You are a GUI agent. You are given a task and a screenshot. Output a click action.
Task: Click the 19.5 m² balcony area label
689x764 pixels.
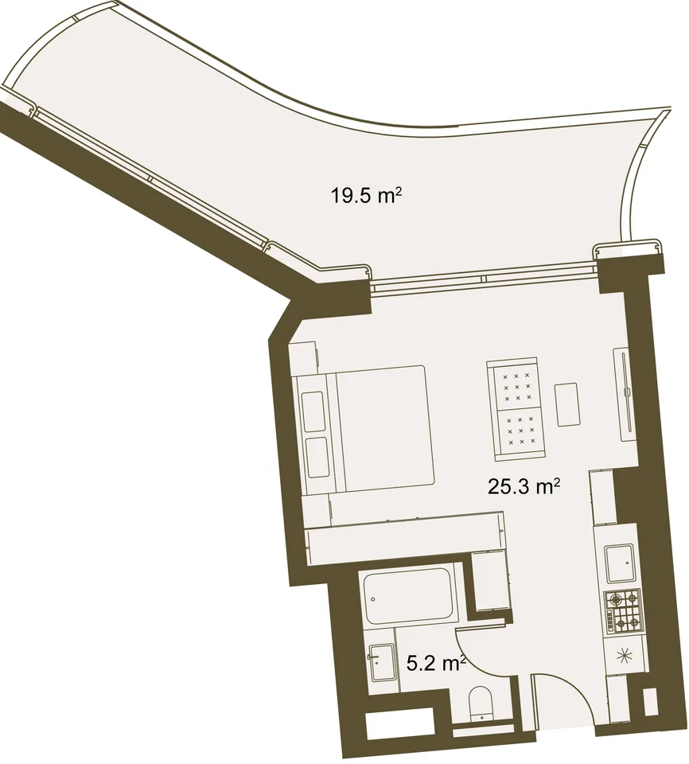coord(367,196)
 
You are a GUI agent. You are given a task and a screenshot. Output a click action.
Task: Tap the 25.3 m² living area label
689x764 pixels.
coord(524,485)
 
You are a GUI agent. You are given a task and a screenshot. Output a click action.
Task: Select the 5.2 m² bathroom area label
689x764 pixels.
coord(437,663)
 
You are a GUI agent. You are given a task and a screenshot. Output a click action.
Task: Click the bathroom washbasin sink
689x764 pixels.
coord(382,663)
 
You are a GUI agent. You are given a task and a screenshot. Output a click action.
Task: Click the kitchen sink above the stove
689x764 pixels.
coord(620,564)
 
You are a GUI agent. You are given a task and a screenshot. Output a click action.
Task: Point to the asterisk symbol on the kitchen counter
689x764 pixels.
coord(624,657)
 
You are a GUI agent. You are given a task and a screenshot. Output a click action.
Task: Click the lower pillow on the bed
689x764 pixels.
coord(317,458)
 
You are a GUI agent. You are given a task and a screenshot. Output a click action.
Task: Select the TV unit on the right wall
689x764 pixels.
coord(625,395)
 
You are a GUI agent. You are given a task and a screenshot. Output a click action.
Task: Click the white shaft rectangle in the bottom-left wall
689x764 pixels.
coord(399,727)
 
